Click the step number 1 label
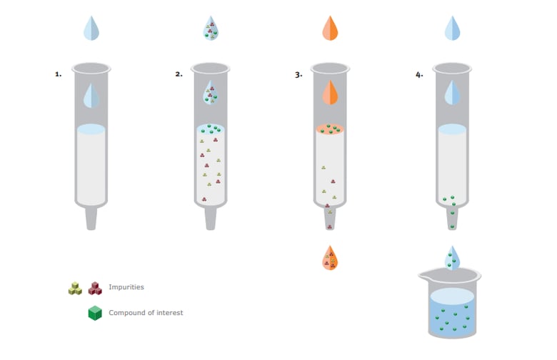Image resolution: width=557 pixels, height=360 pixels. [x=59, y=74]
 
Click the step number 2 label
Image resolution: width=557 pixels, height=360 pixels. [x=179, y=74]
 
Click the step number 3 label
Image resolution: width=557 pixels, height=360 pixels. [x=298, y=74]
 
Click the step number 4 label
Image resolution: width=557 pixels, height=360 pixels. [x=419, y=74]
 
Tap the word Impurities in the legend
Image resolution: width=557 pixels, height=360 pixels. [x=126, y=287]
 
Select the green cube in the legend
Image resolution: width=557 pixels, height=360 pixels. [x=95, y=313]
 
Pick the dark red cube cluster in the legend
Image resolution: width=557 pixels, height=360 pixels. [x=95, y=288]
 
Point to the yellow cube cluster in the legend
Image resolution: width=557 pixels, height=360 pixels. [x=75, y=288]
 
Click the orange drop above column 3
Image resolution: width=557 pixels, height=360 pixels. [x=330, y=28]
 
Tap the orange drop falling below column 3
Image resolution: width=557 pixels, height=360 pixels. [x=330, y=258]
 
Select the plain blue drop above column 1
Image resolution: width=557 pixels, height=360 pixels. [x=91, y=28]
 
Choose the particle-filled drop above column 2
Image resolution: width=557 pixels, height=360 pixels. [x=211, y=28]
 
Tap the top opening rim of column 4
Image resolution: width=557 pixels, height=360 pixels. [x=452, y=69]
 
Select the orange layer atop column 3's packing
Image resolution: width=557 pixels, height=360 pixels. [x=330, y=129]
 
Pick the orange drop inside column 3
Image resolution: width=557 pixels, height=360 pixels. [x=330, y=92]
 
